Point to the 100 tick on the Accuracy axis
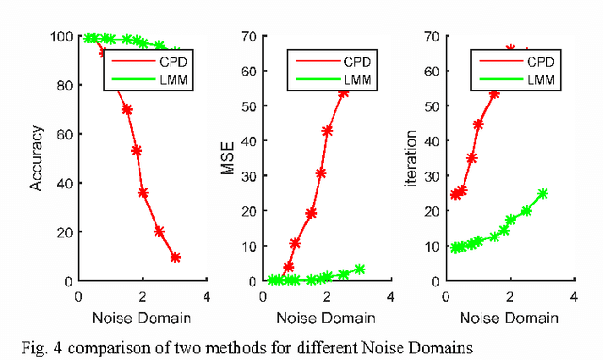pyautogui.click(x=60, y=37)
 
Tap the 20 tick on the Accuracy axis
pyautogui.click(x=64, y=232)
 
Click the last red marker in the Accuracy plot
pyautogui.click(x=175, y=257)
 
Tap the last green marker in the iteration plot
pyautogui.click(x=543, y=194)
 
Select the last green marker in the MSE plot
pyautogui.click(x=359, y=270)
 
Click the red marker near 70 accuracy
pyautogui.click(x=126, y=109)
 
